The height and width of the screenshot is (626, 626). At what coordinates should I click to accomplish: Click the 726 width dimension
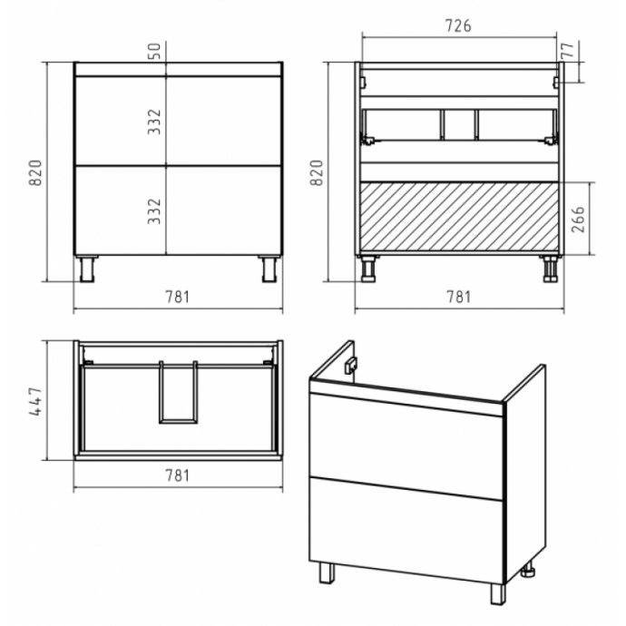[458, 26]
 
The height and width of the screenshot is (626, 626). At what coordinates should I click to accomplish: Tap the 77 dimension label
[569, 50]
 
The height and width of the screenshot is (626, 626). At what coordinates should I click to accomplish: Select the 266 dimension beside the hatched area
[578, 219]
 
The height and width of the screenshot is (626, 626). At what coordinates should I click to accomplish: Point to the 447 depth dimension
[35, 401]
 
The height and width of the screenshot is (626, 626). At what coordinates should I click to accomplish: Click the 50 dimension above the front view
[155, 51]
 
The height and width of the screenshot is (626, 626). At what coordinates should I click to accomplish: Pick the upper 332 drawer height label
[154, 122]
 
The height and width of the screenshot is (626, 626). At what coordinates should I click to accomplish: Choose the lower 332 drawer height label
[154, 210]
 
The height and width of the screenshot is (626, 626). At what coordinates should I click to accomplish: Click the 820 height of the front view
[35, 172]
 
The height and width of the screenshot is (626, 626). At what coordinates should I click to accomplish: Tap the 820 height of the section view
[317, 172]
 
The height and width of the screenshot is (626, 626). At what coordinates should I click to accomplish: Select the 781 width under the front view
[177, 297]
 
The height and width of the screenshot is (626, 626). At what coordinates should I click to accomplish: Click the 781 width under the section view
[459, 297]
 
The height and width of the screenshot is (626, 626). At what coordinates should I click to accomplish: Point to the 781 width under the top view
[177, 475]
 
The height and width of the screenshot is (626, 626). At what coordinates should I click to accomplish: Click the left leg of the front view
[87, 269]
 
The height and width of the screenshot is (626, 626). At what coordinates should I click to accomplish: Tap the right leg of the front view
[269, 269]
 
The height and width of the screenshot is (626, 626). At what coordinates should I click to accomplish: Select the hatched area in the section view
[459, 217]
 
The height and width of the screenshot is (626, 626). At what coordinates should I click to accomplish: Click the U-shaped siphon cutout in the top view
[178, 420]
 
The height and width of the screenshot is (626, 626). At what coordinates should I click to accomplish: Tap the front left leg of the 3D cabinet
[327, 572]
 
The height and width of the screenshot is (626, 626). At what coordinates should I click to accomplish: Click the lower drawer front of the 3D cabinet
[406, 531]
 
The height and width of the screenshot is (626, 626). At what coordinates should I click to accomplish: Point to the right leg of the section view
[551, 269]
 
